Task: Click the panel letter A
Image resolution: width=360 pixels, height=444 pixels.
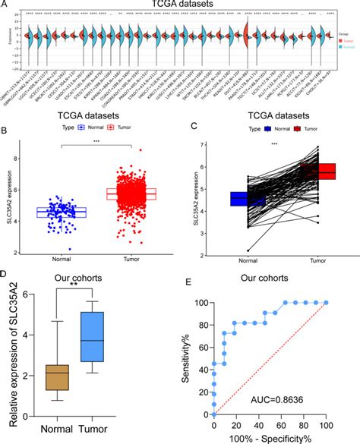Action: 5,5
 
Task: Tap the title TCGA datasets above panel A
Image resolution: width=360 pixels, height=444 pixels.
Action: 180,5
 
